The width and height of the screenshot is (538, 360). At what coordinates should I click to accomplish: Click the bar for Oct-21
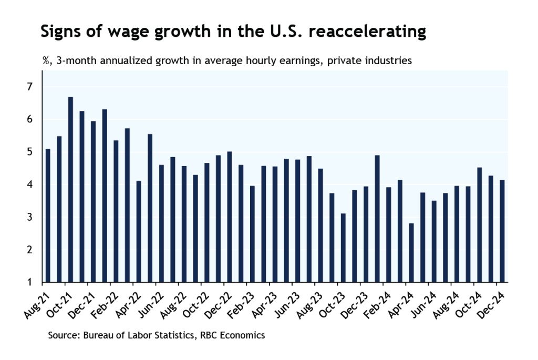70,190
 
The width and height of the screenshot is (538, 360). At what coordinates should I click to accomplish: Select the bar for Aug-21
48,215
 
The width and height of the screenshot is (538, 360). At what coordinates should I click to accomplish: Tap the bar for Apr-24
411,253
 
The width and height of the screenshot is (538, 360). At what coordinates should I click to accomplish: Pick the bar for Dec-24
502,231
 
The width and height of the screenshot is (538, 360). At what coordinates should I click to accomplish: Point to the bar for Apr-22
139,232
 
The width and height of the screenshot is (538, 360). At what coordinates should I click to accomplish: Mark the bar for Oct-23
343,248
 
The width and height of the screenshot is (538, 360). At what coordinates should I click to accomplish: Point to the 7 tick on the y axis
30,87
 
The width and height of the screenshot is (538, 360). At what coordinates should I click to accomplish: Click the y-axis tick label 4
30,184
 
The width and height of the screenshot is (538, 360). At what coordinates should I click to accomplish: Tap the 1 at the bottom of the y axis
30,283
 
